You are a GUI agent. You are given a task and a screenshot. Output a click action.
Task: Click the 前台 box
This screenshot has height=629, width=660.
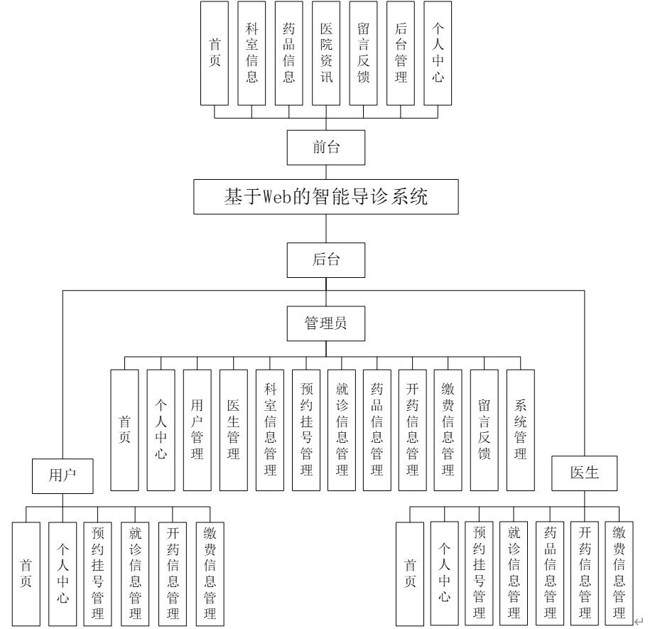[x=326, y=148]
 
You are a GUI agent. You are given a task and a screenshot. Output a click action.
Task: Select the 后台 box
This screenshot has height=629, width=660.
[x=326, y=259]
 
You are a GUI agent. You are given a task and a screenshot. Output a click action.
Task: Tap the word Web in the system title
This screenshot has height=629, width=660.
[x=278, y=198]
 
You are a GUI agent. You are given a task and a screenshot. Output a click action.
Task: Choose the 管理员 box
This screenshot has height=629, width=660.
[x=326, y=323]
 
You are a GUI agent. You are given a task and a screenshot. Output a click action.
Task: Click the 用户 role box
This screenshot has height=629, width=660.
[x=63, y=475]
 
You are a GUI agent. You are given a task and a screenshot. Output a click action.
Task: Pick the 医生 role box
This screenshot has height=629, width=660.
[x=585, y=473]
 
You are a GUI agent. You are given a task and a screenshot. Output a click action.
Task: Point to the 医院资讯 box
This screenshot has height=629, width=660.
[x=326, y=53]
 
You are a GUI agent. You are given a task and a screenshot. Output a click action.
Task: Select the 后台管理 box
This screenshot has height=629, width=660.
[x=401, y=53]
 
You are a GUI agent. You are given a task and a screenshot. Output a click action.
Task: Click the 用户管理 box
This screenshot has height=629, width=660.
[x=197, y=430]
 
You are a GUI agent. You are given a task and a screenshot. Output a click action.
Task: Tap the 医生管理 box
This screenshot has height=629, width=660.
[x=233, y=430]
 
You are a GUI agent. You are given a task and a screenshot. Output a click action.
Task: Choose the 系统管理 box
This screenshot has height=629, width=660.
[x=521, y=430]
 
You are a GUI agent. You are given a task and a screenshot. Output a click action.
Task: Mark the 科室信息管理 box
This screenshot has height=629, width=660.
[x=269, y=430]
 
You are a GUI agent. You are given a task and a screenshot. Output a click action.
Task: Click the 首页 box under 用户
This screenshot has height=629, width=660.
[x=26, y=574]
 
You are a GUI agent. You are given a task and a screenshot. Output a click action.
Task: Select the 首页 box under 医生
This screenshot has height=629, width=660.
[x=410, y=574]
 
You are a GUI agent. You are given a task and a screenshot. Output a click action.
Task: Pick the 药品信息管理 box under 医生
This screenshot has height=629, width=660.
[x=550, y=574]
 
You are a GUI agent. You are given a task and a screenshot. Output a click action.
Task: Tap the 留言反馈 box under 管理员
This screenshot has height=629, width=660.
[x=485, y=430]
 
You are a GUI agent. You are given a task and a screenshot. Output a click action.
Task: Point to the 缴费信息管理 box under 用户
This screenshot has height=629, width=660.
[x=210, y=574]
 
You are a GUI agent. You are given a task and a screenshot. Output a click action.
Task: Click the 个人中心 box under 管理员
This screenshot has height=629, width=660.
[x=161, y=430]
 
